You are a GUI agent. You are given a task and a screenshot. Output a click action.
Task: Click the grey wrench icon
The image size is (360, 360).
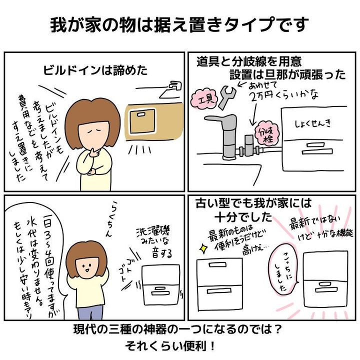227,97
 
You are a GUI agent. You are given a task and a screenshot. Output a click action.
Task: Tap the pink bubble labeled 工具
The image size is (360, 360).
204,99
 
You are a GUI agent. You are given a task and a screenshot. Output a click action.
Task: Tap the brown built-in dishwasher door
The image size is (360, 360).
142,121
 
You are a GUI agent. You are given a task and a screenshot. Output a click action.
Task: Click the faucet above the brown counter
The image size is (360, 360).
173,89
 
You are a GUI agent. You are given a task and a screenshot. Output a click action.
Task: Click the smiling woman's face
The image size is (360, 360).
87,267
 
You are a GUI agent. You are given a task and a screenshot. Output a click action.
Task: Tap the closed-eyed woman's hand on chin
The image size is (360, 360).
94,152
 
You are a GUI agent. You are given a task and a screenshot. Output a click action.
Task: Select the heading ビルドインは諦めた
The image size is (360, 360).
95,70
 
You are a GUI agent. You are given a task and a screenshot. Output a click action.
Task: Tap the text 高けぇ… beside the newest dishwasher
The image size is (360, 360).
255,250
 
